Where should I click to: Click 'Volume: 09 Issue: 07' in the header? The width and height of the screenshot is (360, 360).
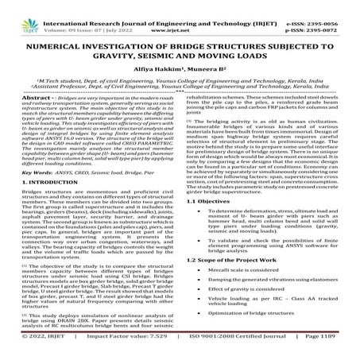click(x=83, y=16)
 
